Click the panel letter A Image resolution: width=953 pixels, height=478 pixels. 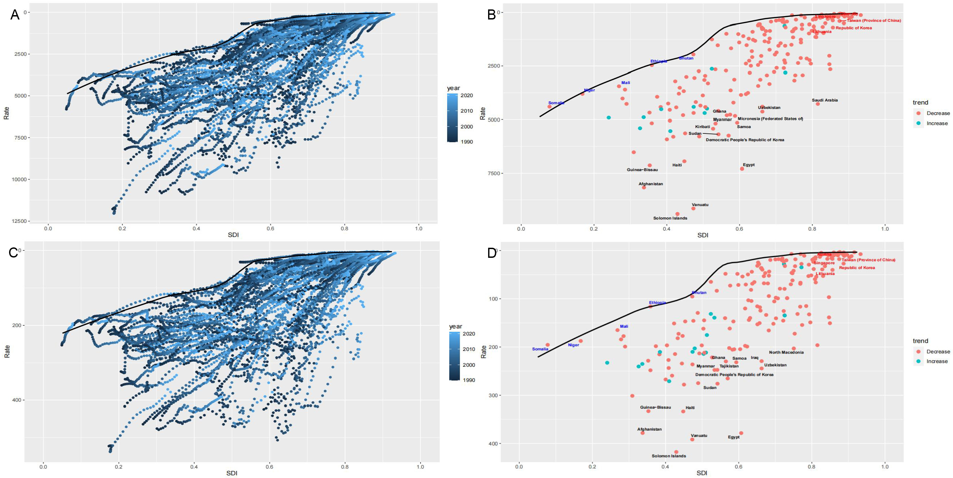(x=15, y=14)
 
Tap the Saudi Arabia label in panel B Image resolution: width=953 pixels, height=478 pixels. (x=825, y=100)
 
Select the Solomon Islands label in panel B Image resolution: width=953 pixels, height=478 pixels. (x=670, y=218)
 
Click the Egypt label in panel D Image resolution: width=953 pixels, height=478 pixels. (x=734, y=437)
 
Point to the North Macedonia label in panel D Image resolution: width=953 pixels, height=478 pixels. (x=786, y=352)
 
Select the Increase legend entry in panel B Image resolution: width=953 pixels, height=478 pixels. (x=937, y=123)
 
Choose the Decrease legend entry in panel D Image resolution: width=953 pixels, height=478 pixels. (x=938, y=351)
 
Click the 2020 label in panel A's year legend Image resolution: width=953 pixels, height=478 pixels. (x=467, y=95)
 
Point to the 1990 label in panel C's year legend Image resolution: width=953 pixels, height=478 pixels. (x=469, y=380)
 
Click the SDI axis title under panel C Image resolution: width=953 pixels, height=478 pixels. (x=231, y=473)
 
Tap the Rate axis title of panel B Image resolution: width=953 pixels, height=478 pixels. (x=482, y=113)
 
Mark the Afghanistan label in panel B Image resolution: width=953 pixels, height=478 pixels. (x=650, y=184)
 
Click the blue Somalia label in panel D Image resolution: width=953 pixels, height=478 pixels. (x=540, y=349)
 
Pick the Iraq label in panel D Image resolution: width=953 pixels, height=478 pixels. (x=754, y=358)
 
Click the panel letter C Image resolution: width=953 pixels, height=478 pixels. (x=13, y=252)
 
